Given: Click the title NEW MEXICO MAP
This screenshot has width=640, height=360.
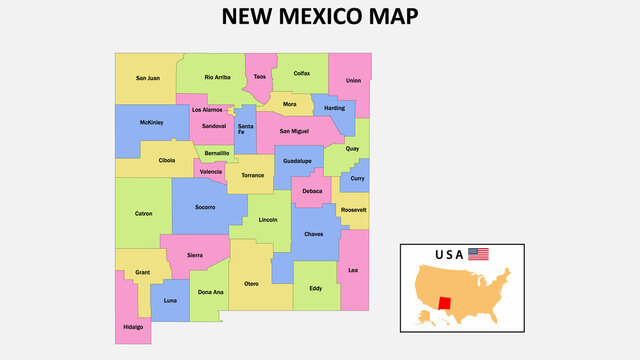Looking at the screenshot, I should [319, 17].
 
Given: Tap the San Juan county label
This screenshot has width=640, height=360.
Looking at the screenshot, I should [148, 77].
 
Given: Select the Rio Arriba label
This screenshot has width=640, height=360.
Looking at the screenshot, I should [217, 77].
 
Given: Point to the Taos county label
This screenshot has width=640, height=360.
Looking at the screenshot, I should [260, 77].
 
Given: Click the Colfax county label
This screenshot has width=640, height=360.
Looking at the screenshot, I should [302, 73].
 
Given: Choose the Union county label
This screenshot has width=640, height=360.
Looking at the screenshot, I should [353, 80].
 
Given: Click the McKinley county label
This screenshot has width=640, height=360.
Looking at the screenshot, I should [151, 123].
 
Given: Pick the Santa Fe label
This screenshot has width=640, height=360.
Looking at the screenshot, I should [245, 129].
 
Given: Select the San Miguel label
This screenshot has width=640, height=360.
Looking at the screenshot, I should [294, 130].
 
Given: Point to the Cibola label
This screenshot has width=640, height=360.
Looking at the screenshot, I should [167, 159].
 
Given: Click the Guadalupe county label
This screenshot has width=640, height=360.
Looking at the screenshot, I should [297, 160].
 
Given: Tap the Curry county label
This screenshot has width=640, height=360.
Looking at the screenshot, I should [357, 178].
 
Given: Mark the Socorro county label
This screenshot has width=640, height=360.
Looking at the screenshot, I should [205, 207].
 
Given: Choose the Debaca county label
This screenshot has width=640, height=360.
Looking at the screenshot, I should [312, 190].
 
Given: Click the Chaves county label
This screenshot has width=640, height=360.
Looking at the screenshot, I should [314, 234].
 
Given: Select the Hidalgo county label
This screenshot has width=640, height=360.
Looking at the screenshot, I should [133, 326].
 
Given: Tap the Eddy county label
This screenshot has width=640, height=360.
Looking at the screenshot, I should [315, 289].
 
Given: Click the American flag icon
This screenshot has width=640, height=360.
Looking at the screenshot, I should [479, 254].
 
